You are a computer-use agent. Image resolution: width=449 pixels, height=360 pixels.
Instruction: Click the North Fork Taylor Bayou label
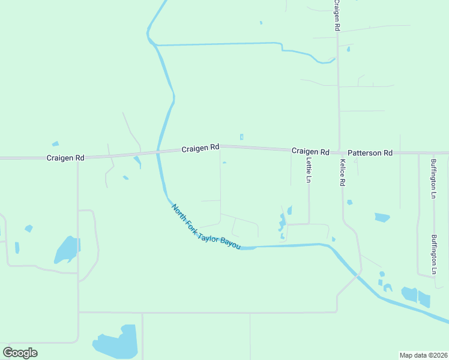(206, 227)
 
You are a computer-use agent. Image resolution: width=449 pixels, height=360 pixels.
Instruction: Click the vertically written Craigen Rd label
(337, 16)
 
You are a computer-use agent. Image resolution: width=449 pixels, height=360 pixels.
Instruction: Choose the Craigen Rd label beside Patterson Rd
(310, 152)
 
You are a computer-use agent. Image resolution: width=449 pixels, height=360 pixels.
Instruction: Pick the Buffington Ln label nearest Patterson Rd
(433, 178)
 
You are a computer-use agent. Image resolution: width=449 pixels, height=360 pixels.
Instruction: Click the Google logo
(20, 353)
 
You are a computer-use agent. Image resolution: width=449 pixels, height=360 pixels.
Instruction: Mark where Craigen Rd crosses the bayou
(158, 151)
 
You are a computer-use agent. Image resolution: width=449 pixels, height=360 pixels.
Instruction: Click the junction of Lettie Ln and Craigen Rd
(309, 150)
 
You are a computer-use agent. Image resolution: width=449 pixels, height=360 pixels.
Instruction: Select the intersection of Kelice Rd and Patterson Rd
(340, 152)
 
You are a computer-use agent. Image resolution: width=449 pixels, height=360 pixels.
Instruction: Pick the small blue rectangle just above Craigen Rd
(241, 137)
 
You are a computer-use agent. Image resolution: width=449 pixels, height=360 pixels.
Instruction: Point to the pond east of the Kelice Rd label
(382, 217)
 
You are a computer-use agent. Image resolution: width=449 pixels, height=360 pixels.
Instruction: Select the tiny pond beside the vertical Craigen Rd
(348, 49)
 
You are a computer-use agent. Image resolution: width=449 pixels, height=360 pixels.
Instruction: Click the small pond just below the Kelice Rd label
(349, 202)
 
